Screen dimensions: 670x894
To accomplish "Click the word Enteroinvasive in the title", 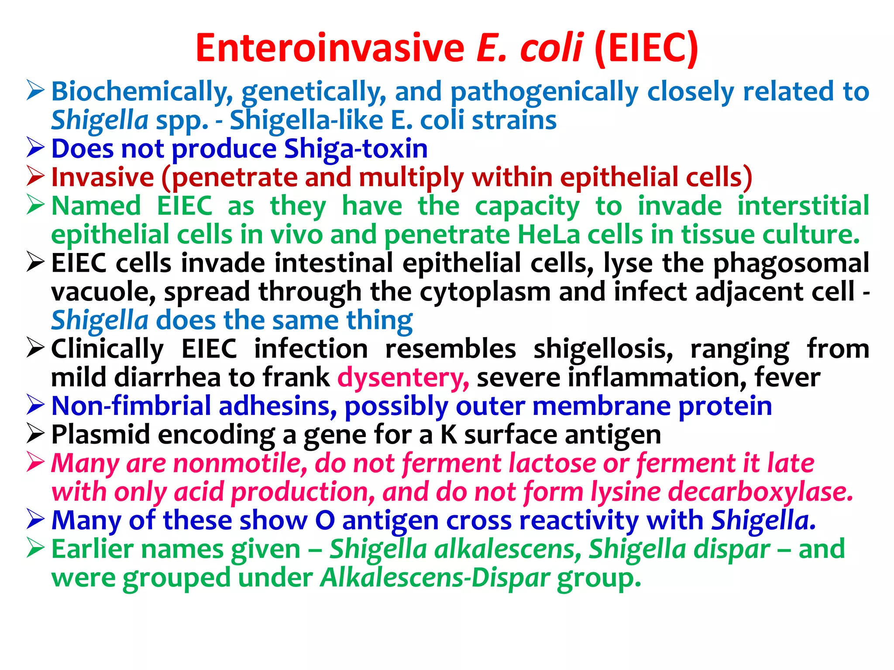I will (x=330, y=48).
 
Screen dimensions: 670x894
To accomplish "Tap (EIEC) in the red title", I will (x=646, y=48).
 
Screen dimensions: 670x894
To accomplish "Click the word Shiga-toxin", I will (x=356, y=149).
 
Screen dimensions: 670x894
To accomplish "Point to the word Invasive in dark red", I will (x=103, y=177).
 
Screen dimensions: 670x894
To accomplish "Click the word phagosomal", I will (x=791, y=263).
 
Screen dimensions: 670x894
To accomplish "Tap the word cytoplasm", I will (x=485, y=292).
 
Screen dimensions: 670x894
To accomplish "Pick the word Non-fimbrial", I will (x=131, y=406).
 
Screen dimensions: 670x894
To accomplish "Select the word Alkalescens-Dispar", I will (x=435, y=578).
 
